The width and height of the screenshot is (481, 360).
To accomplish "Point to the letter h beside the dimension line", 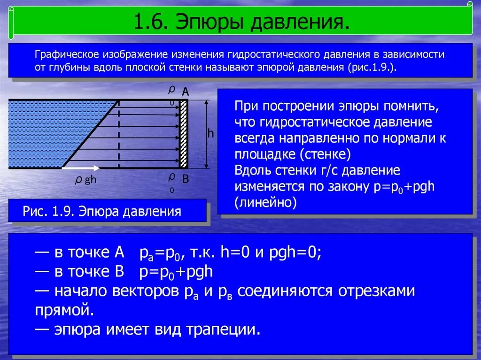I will (210, 133).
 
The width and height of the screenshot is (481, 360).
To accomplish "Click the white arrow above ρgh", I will (81, 168).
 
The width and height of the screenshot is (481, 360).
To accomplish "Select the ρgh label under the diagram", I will (85, 180).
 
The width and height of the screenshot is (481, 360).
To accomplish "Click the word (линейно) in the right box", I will (266, 202).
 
